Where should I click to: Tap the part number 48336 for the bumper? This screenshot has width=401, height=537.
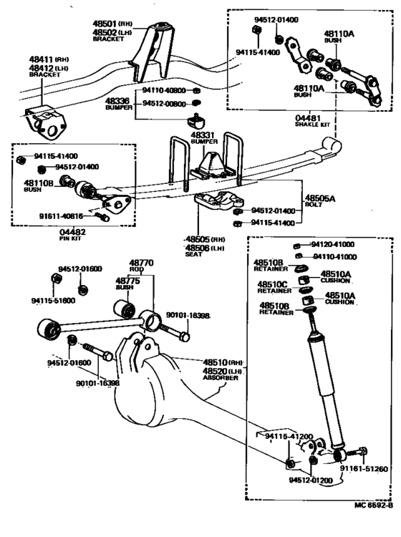116,102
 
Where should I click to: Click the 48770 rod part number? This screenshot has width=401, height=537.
141,263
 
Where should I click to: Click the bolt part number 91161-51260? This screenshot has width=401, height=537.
363,469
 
